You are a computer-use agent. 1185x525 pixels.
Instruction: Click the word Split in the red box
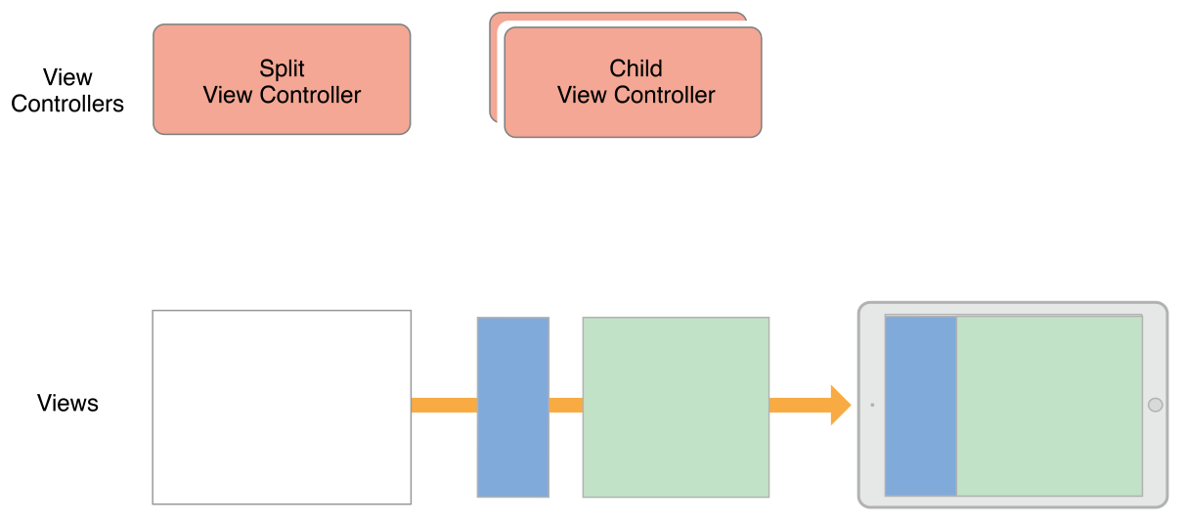point(282,68)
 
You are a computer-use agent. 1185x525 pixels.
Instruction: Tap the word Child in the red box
point(636,68)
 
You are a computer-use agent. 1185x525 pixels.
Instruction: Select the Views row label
point(67,403)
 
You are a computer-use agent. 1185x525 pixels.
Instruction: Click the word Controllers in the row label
point(67,104)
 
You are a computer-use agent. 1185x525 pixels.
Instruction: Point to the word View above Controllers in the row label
point(67,77)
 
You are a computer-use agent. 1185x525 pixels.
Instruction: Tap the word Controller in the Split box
point(307,95)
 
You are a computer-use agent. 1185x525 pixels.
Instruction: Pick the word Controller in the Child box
point(661,95)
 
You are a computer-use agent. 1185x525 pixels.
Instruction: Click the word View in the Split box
point(226,95)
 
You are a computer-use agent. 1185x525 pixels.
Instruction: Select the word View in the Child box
point(580,95)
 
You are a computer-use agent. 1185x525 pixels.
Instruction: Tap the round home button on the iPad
point(1155,405)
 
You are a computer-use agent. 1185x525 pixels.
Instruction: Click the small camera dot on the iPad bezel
point(871,405)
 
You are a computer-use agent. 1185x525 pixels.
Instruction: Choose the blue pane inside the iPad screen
point(920,406)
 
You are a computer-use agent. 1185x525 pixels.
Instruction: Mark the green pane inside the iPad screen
point(1049,406)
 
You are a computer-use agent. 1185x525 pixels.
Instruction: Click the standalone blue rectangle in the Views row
point(512,407)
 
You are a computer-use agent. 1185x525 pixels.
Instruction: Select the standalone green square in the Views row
point(676,407)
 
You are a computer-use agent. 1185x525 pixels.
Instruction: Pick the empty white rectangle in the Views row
point(282,407)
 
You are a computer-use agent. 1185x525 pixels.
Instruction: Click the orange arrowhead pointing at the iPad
point(839,405)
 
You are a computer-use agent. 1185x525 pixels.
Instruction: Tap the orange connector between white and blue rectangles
point(444,405)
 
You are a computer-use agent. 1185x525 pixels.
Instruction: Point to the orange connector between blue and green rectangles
point(565,405)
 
